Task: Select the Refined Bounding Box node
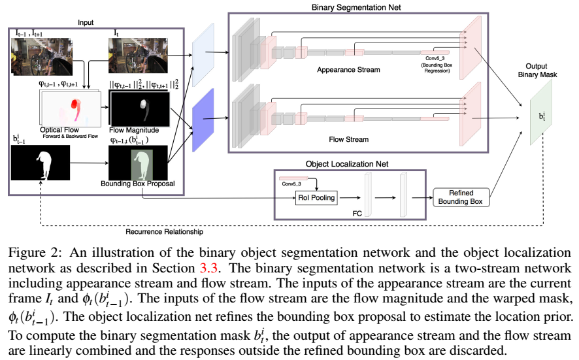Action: click(x=461, y=197)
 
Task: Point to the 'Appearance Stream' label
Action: click(x=348, y=69)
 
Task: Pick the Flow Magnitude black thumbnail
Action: click(x=138, y=108)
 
